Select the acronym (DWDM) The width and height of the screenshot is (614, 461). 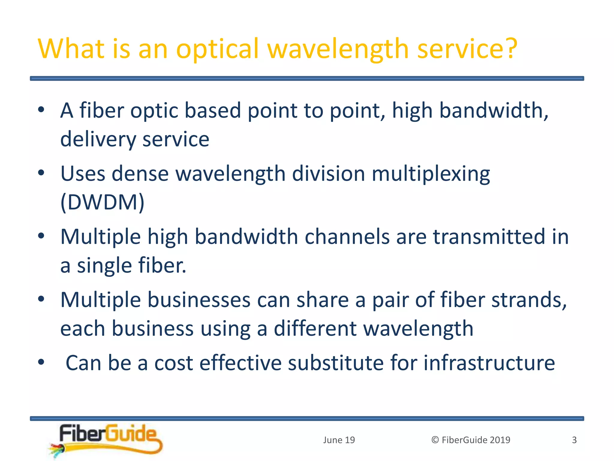[x=102, y=202]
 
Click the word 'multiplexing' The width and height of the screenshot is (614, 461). [x=431, y=174]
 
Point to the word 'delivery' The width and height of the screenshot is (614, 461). [x=98, y=140]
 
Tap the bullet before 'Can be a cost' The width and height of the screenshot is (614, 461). [x=41, y=362]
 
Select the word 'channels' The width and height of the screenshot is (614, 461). [x=347, y=237]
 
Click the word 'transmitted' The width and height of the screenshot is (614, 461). [x=489, y=237]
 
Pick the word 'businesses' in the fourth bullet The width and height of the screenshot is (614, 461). [x=199, y=300]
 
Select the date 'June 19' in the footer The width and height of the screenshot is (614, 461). [x=339, y=440]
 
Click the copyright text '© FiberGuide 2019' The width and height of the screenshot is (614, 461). [x=471, y=440]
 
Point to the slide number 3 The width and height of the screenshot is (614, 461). [x=574, y=440]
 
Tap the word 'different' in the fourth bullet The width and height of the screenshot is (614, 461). [x=315, y=329]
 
